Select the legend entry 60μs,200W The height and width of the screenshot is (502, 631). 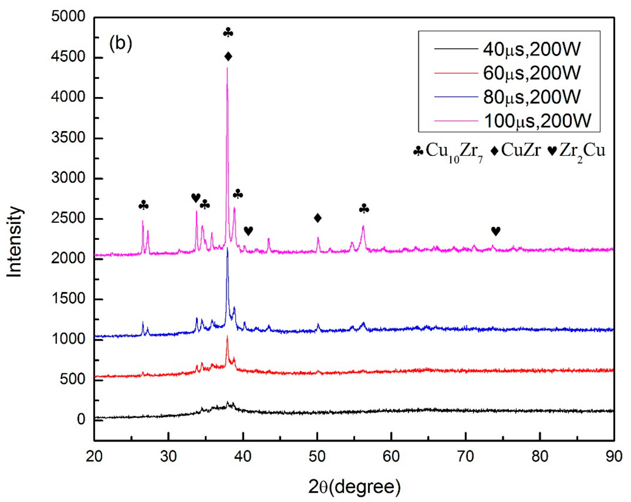click(531, 73)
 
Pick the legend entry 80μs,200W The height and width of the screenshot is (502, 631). click(531, 97)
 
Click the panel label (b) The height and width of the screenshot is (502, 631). click(121, 43)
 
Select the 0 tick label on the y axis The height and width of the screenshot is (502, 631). click(81, 419)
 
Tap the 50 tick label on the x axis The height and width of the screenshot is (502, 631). click(317, 456)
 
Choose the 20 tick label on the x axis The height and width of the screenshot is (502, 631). click(94, 456)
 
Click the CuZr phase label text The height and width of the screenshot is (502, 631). click(520, 151)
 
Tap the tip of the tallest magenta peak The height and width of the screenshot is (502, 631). click(227, 68)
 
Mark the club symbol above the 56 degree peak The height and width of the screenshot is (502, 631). click(364, 209)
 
